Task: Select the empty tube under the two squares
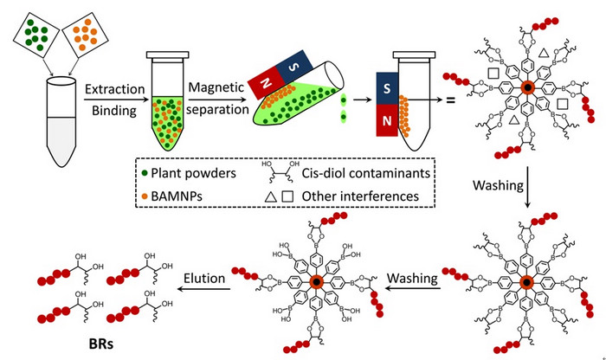[66, 121]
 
